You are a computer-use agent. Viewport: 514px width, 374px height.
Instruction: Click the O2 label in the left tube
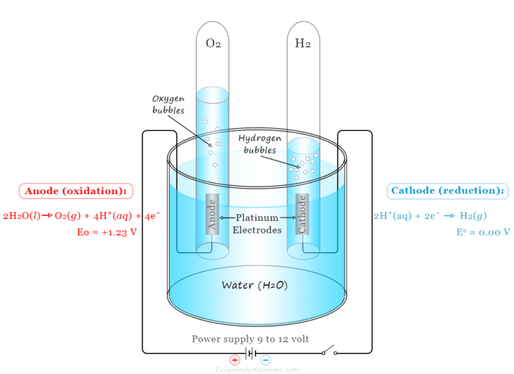[x=213, y=45]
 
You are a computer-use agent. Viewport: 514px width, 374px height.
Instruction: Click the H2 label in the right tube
[x=303, y=45]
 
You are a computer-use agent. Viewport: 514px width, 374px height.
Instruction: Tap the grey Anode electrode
[x=212, y=214]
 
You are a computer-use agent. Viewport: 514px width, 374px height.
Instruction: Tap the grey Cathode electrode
[x=303, y=214]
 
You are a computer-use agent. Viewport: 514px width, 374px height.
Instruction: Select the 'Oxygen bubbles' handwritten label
[x=168, y=104]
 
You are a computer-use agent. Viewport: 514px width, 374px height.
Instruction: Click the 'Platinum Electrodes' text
[x=257, y=223]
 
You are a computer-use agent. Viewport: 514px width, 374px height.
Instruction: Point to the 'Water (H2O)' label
[x=255, y=285]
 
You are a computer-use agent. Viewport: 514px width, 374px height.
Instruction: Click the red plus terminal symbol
[x=235, y=359]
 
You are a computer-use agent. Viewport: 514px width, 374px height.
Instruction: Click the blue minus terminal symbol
[x=266, y=359]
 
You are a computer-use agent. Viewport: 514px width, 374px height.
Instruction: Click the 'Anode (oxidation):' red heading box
[x=76, y=191]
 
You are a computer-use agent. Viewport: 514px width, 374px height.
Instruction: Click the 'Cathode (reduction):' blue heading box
[x=447, y=191]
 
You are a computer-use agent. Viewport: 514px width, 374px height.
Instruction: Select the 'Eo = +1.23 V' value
[x=107, y=232]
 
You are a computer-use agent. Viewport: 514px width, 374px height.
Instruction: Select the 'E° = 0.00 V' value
[x=483, y=232]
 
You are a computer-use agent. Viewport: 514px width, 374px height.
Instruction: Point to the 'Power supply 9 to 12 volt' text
[x=250, y=339]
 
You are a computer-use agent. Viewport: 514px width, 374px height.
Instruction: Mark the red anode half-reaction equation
[x=81, y=215]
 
